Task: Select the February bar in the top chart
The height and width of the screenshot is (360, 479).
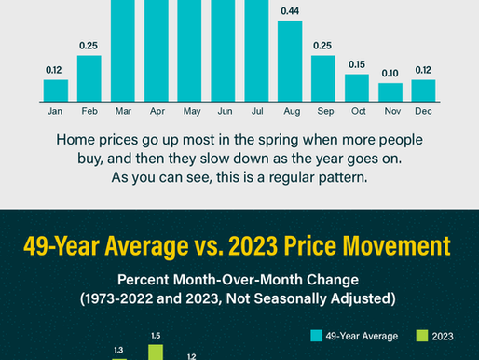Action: (x=89, y=78)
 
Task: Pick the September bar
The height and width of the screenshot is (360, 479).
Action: (x=323, y=78)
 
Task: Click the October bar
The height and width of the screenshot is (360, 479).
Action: (x=357, y=88)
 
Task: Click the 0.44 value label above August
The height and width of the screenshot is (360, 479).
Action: (x=290, y=10)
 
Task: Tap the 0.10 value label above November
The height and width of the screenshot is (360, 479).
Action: (x=390, y=73)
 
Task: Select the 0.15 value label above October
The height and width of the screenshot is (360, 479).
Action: (x=357, y=64)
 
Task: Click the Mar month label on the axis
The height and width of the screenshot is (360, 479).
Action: (x=122, y=112)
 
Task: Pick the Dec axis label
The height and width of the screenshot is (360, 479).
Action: (x=424, y=112)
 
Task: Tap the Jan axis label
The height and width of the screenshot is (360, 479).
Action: (x=55, y=112)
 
